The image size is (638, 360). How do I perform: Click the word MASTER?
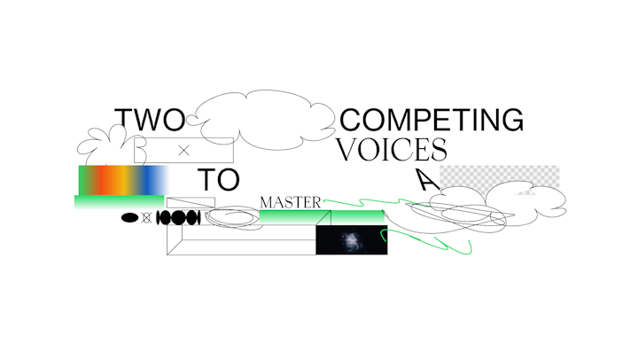(x=290, y=203)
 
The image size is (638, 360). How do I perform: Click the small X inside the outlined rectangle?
(x=184, y=151)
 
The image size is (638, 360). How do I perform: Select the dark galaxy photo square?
(x=352, y=240)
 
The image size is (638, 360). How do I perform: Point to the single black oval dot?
(x=130, y=217)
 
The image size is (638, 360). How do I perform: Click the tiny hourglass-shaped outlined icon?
(x=146, y=217)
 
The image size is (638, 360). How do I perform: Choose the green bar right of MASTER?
(x=354, y=217)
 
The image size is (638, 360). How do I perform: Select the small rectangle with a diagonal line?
(x=191, y=202)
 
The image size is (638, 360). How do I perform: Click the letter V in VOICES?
(x=348, y=149)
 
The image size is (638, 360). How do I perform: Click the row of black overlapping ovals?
(x=177, y=217)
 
